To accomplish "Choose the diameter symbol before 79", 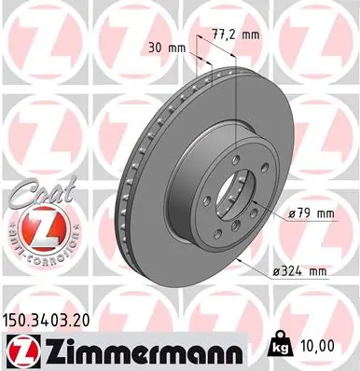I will (292, 214).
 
